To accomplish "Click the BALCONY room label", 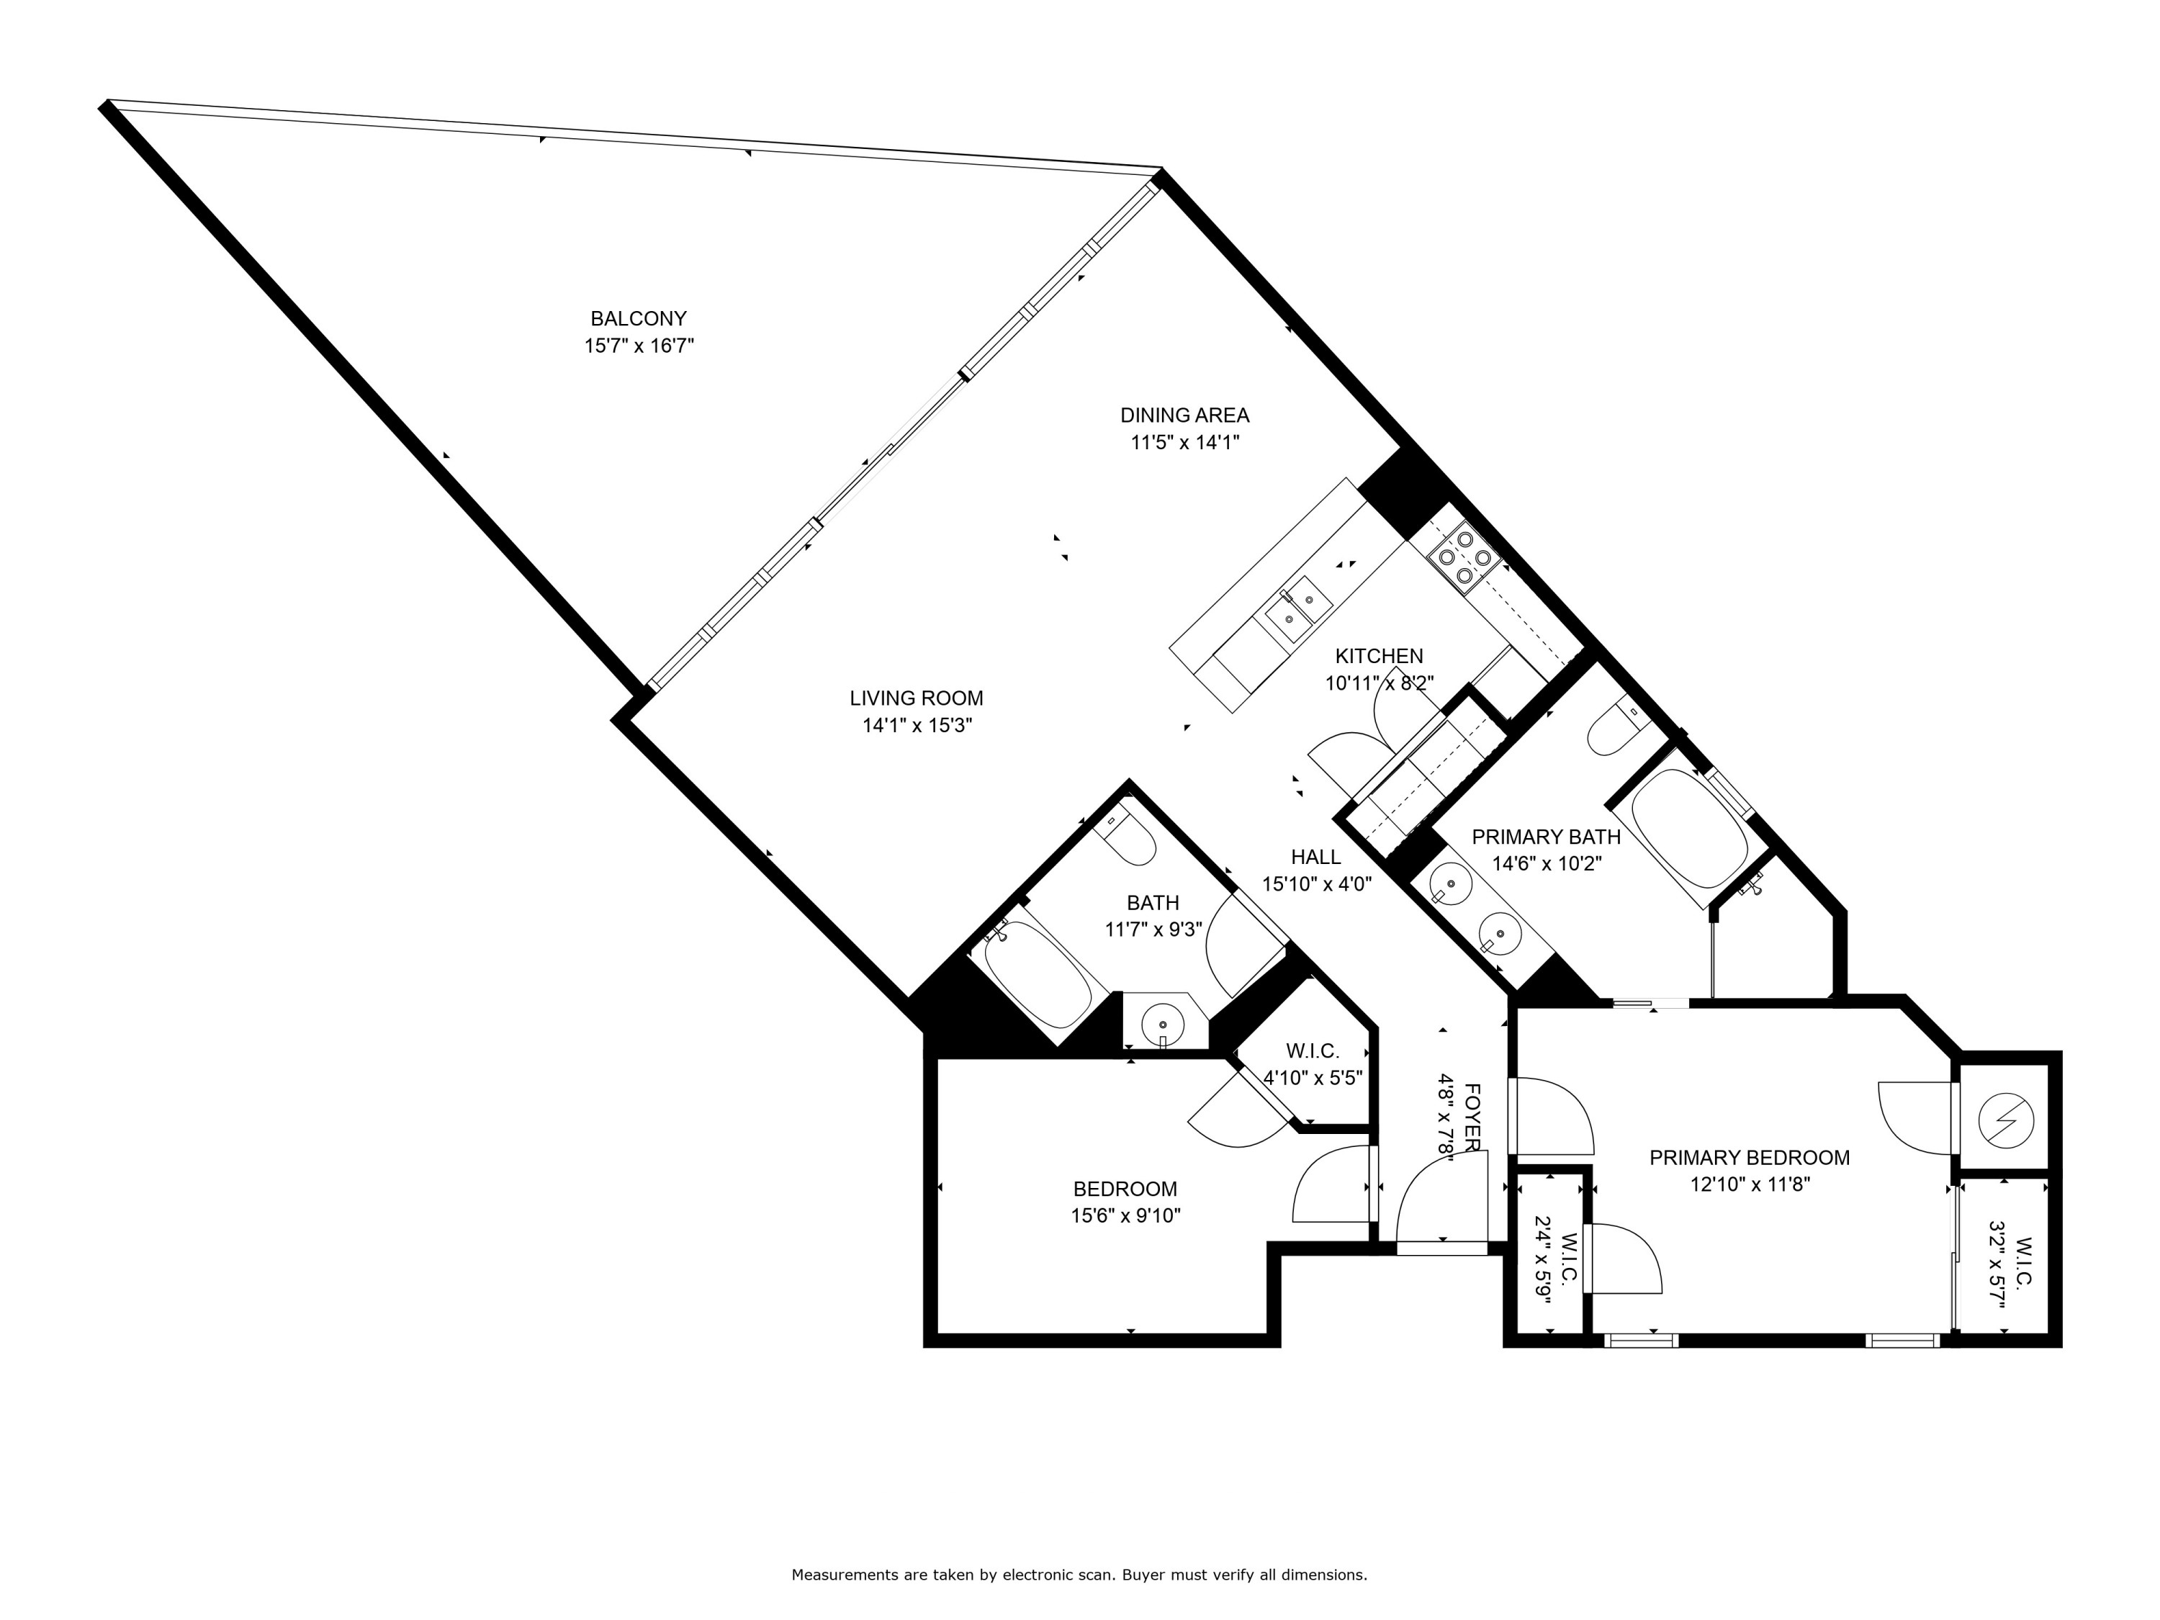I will point(638,318).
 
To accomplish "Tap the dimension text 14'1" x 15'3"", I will point(917,726).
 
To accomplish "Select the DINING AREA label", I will point(1184,415).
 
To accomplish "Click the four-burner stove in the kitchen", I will point(1464,557).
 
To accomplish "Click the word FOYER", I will point(1472,1116).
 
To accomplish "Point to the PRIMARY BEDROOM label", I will point(1749,1158).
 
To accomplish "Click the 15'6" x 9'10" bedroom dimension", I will point(1125,1216).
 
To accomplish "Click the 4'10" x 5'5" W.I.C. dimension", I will point(1313,1078).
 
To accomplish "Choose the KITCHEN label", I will point(1379,656).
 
